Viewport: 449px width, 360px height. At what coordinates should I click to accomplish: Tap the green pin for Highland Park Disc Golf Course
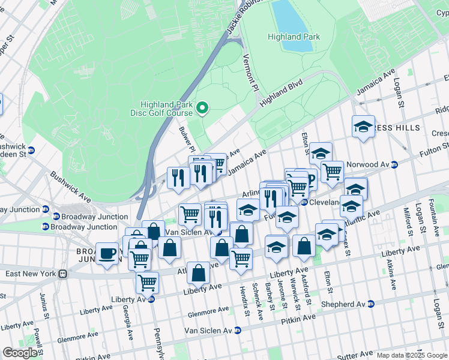[202, 108]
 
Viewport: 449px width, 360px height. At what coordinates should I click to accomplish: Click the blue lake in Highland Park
[288, 24]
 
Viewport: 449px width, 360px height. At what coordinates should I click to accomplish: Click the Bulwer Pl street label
[186, 139]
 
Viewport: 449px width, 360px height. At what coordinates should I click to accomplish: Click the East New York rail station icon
[62, 274]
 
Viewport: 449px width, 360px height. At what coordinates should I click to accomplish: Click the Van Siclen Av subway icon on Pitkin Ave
[238, 330]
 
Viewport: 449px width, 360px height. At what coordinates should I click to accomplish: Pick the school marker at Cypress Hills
[363, 126]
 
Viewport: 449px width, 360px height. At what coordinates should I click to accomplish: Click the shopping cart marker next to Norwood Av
[332, 171]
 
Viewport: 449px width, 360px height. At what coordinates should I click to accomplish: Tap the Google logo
[20, 352]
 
